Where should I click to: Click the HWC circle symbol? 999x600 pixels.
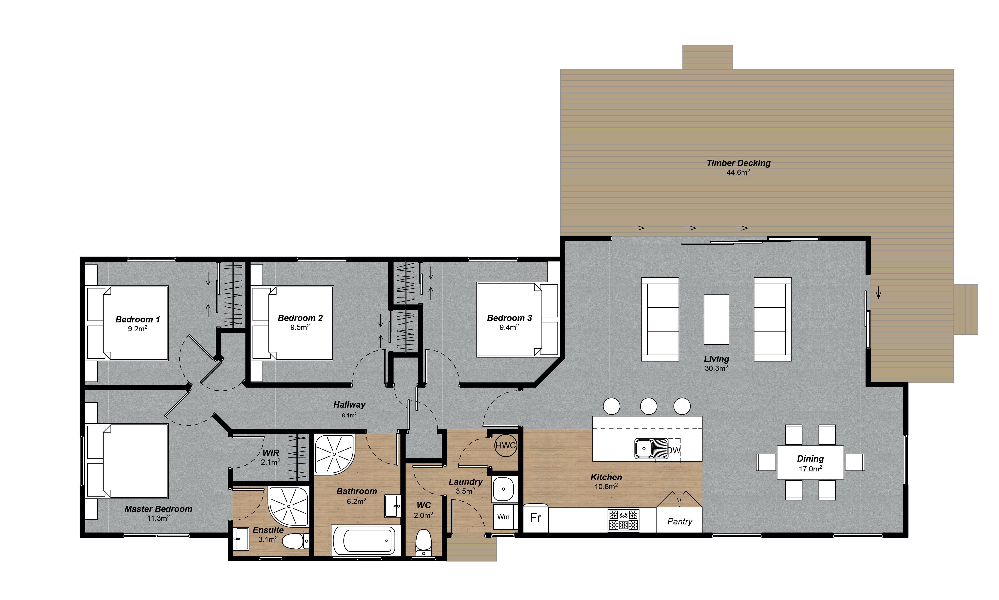[505, 446]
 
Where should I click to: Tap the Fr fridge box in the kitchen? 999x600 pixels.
[536, 518]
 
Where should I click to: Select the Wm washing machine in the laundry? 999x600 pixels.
[503, 517]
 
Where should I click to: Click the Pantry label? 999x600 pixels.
[680, 522]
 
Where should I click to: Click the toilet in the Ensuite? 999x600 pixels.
[294, 541]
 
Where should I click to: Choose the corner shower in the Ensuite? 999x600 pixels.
[288, 506]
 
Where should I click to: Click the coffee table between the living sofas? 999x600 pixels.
[716, 319]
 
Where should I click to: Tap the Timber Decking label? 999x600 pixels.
[738, 163]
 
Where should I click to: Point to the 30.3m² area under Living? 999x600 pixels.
[716, 368]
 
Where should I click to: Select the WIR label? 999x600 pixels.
[271, 453]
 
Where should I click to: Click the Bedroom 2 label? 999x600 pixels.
[300, 318]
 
